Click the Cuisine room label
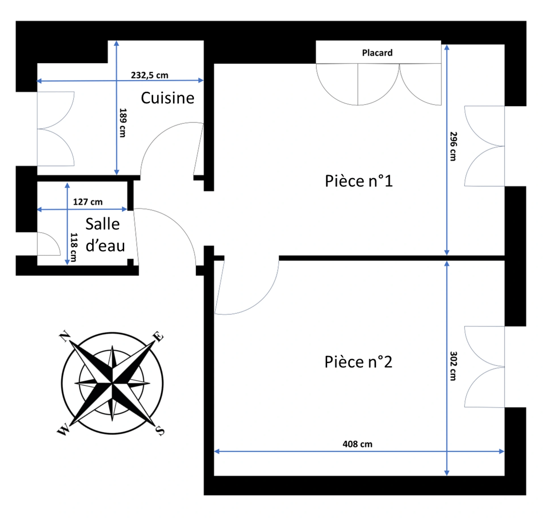pyautogui.click(x=167, y=98)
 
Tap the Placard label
pyautogui.click(x=377, y=53)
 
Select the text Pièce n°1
pyautogui.click(x=359, y=181)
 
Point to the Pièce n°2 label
pyautogui.click(x=358, y=362)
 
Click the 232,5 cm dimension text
pyautogui.click(x=150, y=75)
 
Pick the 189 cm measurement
pyautogui.click(x=123, y=123)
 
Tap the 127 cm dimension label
pyautogui.click(x=88, y=202)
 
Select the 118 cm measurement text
pyautogui.click(x=74, y=247)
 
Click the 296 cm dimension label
pyautogui.click(x=453, y=146)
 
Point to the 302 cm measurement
pyautogui.click(x=453, y=366)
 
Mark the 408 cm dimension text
pyautogui.click(x=357, y=444)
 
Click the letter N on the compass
pyautogui.click(x=65, y=337)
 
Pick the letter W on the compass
pyautogui.click(x=63, y=429)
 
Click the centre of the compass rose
pyautogui.click(x=112, y=383)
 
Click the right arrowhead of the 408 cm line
pyautogui.click(x=502, y=451)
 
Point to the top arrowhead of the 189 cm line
pyautogui.click(x=116, y=43)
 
